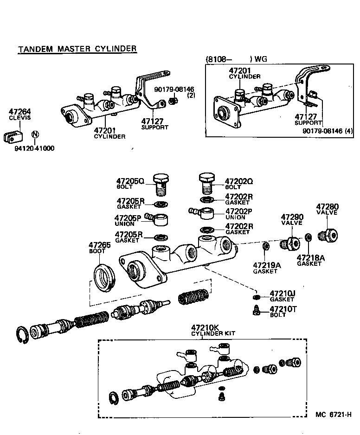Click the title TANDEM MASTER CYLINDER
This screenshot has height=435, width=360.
click(77, 49)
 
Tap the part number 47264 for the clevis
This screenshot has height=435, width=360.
click(19, 111)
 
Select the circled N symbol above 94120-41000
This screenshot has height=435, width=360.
click(35, 135)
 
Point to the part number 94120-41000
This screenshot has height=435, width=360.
click(34, 149)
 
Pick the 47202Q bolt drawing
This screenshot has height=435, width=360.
click(207, 183)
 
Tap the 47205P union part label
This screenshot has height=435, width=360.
click(128, 217)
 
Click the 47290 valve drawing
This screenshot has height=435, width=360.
click(291, 243)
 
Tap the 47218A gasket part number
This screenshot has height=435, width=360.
click(309, 257)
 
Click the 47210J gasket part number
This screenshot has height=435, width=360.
click(283, 294)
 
